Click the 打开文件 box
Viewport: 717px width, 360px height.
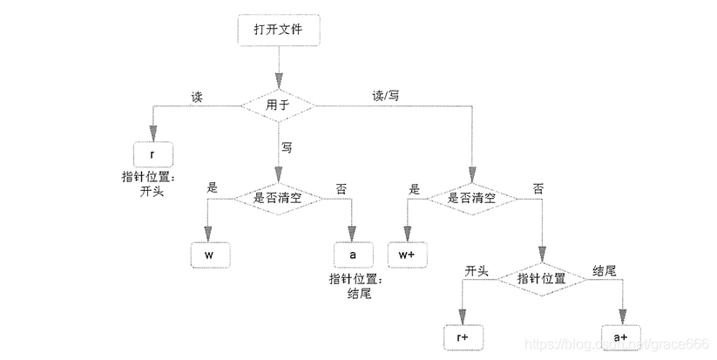279,30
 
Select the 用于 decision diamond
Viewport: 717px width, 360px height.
278,105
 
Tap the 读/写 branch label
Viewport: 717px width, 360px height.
385,96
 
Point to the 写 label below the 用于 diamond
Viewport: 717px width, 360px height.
287,147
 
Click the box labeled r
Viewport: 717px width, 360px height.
153,154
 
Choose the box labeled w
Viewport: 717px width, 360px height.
210,255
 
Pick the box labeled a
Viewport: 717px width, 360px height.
353,255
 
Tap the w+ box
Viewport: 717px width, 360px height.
407,255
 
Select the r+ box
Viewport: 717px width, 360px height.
463,337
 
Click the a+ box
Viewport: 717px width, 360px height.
620,337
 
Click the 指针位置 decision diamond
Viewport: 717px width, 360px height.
542,279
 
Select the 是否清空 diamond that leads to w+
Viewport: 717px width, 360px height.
472,199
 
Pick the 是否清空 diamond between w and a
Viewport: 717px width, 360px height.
278,199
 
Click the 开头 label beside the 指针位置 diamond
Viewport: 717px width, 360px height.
477,271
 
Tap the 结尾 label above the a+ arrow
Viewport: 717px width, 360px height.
605,270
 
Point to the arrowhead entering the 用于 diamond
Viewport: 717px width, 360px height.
278,81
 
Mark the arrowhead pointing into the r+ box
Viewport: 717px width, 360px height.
463,316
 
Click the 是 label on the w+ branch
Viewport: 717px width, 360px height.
415,189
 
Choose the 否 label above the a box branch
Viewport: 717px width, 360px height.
342,189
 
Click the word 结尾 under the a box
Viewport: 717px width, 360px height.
359,293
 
